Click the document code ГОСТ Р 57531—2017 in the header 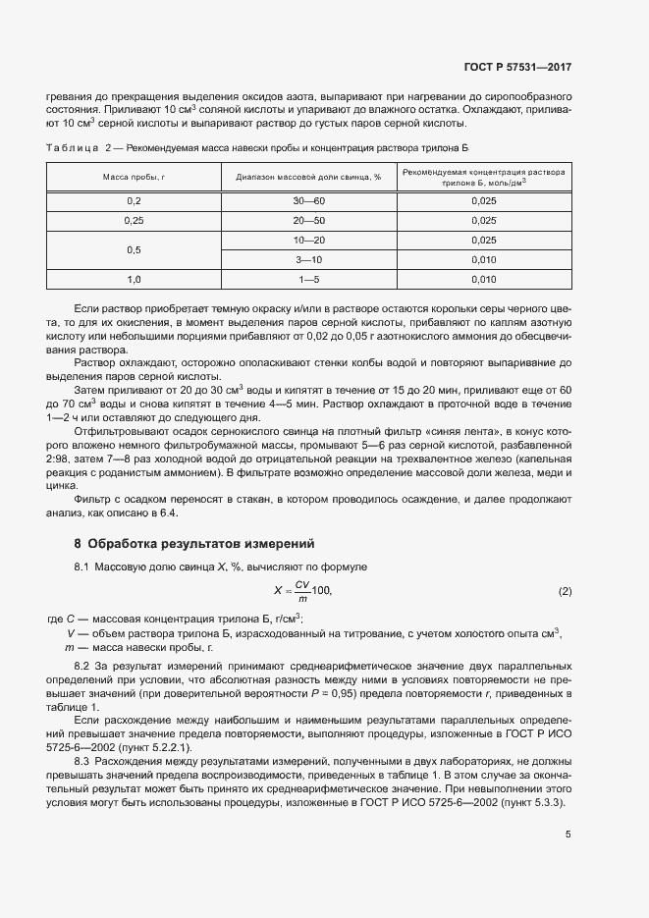(516, 68)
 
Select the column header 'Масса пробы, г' (135, 177)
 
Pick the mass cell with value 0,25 (135, 220)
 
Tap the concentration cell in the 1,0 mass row (484, 280)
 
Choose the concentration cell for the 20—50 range (484, 220)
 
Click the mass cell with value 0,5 (135, 249)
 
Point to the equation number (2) (565, 591)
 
